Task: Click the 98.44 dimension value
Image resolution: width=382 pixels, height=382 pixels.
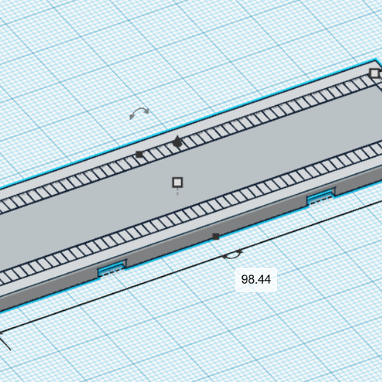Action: point(256,279)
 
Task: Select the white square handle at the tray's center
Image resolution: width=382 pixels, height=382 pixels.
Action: point(178,182)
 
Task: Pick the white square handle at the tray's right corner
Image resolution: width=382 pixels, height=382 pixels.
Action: point(375,73)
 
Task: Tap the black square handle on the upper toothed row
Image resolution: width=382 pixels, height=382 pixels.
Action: point(139,155)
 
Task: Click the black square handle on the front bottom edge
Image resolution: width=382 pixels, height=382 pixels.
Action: point(215,237)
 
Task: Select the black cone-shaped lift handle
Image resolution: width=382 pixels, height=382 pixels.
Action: point(178,141)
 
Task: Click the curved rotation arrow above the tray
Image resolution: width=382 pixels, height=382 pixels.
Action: point(139,113)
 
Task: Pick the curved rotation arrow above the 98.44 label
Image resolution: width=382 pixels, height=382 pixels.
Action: point(232,255)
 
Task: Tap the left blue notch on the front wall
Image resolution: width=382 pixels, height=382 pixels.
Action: point(112,269)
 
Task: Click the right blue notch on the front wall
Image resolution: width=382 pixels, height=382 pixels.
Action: point(321,197)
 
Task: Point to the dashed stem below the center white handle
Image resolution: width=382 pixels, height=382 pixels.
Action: point(178,192)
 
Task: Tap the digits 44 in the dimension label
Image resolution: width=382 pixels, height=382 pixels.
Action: point(264,279)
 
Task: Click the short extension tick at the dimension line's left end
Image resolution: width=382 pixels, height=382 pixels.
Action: point(5,342)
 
